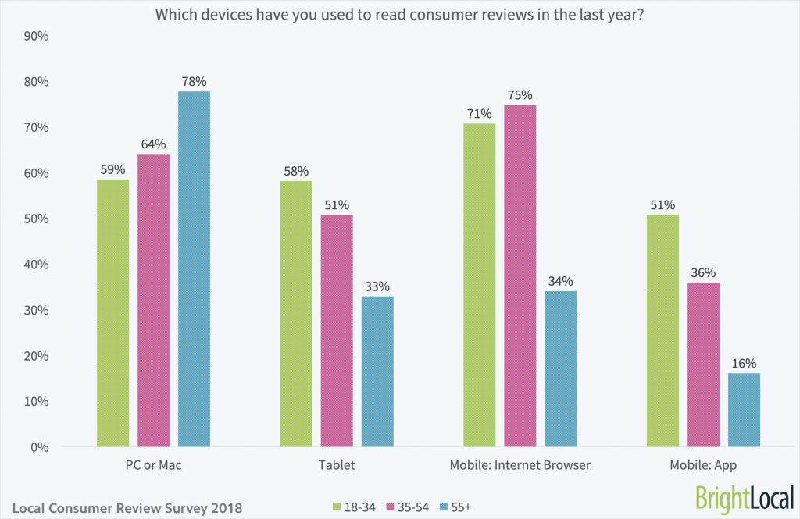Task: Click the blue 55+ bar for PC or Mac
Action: (194, 269)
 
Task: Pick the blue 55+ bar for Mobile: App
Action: (744, 410)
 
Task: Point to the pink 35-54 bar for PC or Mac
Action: (153, 300)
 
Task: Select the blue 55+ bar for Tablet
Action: (377, 371)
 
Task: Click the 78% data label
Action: (195, 81)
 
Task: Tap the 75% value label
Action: (520, 94)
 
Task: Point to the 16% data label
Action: (744, 363)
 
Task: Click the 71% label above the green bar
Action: (479, 113)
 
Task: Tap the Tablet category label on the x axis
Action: (337, 465)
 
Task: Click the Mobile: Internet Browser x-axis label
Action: (520, 465)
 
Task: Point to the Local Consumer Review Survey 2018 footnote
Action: (127, 507)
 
